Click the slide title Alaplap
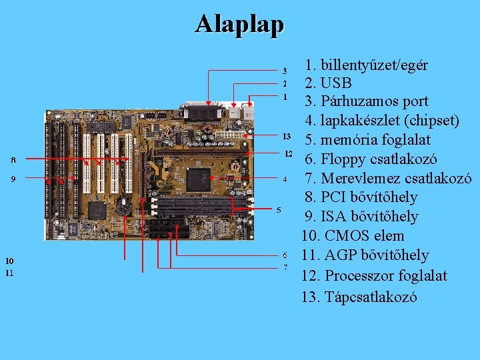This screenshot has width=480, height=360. click(239, 24)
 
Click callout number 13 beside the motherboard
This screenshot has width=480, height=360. click(287, 136)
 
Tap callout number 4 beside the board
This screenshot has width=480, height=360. click(285, 179)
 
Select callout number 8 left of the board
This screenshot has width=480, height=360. click(13, 160)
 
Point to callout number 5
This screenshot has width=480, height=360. click(279, 211)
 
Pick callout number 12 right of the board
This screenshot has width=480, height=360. click(288, 154)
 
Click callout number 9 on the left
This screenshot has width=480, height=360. click(13, 179)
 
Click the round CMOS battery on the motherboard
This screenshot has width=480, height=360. click(124, 208)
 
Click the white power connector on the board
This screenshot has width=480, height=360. click(233, 135)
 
